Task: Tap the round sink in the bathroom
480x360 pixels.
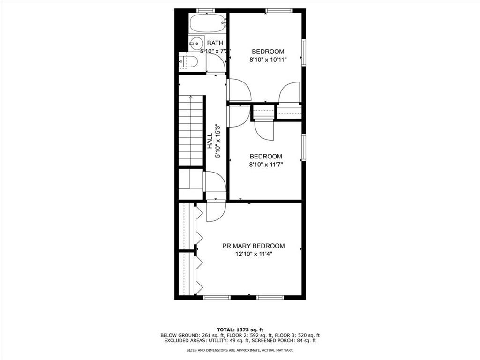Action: [197, 43]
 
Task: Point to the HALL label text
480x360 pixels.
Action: [210, 141]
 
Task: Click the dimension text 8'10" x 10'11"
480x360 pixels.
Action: [268, 60]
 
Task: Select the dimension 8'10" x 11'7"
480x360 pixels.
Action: [266, 165]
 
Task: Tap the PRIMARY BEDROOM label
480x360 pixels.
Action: [253, 246]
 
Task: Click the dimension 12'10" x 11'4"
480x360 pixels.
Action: [253, 254]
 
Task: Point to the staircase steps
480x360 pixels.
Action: [191, 131]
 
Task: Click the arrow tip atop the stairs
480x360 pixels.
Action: [191, 97]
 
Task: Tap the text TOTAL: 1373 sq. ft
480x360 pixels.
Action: [240, 329]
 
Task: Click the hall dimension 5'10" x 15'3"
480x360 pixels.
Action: [217, 141]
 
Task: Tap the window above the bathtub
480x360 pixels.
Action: [205, 10]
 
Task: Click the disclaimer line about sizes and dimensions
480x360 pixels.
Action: [240, 350]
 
